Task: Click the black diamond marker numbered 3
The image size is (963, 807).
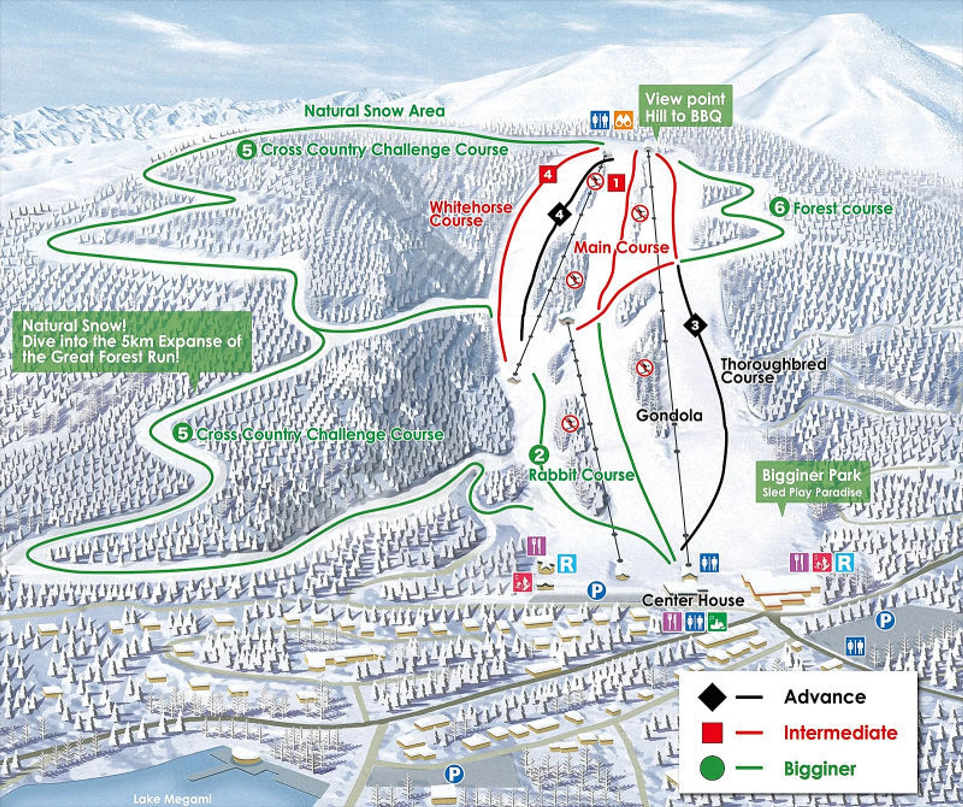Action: pyautogui.click(x=694, y=325)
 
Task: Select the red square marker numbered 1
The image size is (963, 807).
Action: pyautogui.click(x=616, y=183)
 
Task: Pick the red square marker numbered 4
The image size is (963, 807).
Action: pyautogui.click(x=547, y=174)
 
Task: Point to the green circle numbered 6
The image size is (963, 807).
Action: pyautogui.click(x=779, y=208)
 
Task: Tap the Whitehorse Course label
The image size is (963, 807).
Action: pyautogui.click(x=470, y=214)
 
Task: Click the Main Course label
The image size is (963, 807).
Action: pyautogui.click(x=622, y=248)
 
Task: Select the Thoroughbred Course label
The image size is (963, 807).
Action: pyautogui.click(x=773, y=370)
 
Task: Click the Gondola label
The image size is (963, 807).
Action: pyautogui.click(x=669, y=415)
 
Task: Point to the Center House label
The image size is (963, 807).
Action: pyautogui.click(x=693, y=600)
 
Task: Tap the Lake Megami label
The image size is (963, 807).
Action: pyautogui.click(x=172, y=799)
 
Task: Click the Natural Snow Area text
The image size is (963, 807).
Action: pyautogui.click(x=374, y=111)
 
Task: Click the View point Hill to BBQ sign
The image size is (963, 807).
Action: pyautogui.click(x=685, y=107)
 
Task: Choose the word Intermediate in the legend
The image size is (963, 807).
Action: pyautogui.click(x=840, y=733)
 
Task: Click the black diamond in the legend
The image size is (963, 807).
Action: pyautogui.click(x=712, y=697)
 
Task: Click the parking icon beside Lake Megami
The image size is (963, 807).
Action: pyautogui.click(x=453, y=775)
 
